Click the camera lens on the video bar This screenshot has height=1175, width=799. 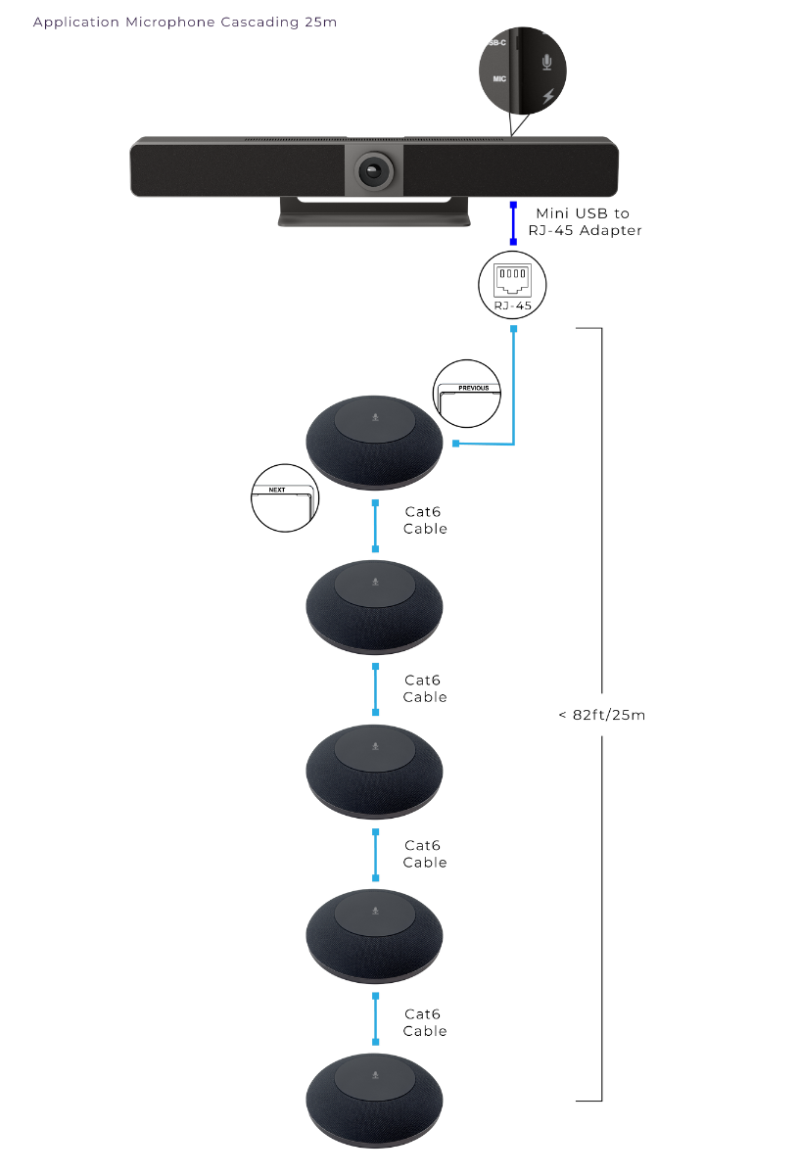tap(374, 169)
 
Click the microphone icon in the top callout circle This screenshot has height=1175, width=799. tap(546, 62)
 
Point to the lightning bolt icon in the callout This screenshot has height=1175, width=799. tap(546, 96)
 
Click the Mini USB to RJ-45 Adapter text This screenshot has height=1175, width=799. tap(585, 221)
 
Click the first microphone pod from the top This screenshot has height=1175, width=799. tap(374, 443)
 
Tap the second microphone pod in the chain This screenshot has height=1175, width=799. tap(374, 607)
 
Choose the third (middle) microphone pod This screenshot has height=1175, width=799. tap(374, 772)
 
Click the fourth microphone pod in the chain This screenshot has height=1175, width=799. tap(374, 935)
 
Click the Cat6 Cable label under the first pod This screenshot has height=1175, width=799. tap(424, 520)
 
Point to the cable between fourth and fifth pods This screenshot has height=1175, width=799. tap(375, 1018)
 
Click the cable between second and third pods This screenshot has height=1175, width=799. tap(375, 690)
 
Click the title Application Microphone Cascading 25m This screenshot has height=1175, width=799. tap(185, 22)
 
